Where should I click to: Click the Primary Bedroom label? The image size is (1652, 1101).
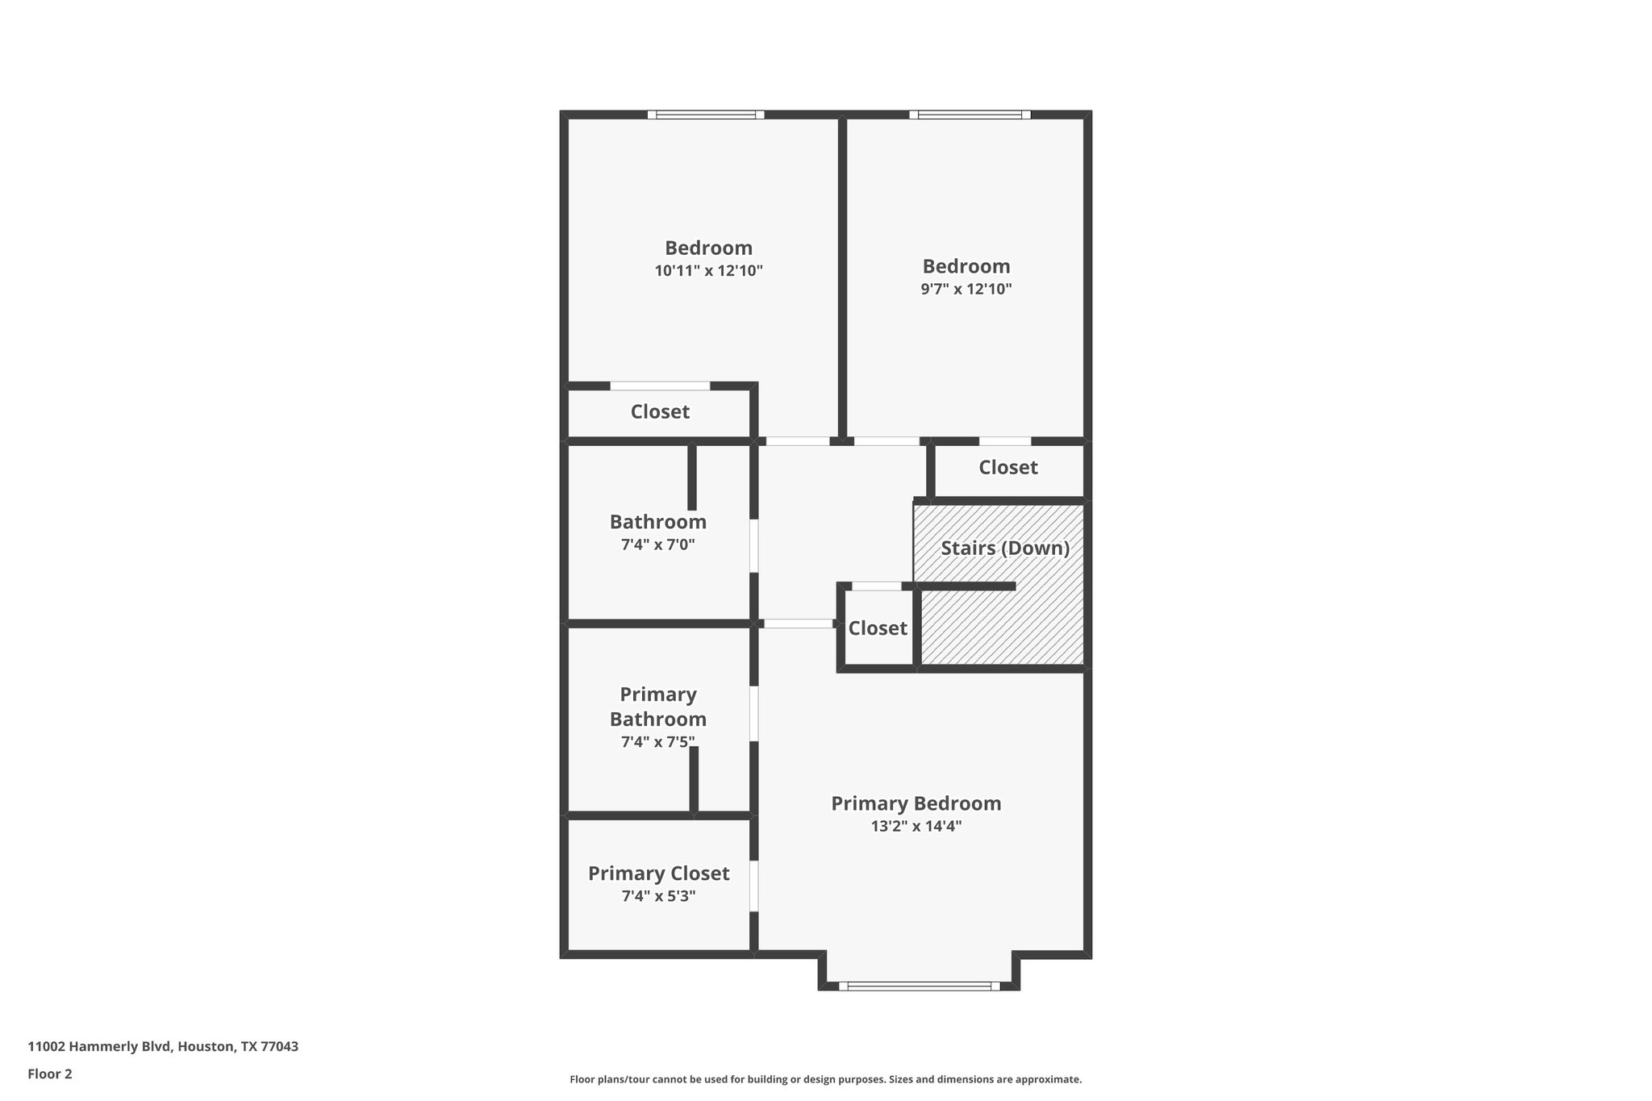click(916, 803)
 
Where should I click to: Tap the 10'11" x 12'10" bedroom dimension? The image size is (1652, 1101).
click(708, 271)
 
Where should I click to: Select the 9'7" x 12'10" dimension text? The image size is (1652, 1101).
click(966, 290)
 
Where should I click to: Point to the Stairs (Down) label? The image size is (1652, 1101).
click(1005, 548)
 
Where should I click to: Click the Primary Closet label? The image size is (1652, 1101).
click(658, 874)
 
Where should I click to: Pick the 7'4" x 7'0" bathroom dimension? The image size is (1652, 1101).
click(657, 544)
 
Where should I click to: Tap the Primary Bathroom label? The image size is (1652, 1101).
click(657, 707)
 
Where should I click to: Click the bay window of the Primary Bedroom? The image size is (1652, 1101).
click(919, 986)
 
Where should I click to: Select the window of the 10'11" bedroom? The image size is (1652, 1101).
click(706, 115)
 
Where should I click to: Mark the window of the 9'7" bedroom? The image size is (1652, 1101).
click(970, 115)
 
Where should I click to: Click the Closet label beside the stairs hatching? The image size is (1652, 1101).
click(878, 628)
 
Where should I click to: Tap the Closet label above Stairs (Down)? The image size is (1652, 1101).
click(1007, 468)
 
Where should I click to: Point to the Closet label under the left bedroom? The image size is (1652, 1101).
click(660, 412)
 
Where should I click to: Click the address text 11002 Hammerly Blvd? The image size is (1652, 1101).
click(163, 1047)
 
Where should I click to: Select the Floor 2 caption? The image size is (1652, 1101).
click(50, 1074)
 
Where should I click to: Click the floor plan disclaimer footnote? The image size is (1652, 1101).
click(825, 1079)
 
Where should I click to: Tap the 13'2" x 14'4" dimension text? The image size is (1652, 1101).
click(916, 826)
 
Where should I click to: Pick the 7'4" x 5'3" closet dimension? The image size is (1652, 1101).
click(657, 896)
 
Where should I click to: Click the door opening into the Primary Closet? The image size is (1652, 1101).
click(754, 886)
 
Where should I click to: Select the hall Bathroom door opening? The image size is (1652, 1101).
click(754, 546)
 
